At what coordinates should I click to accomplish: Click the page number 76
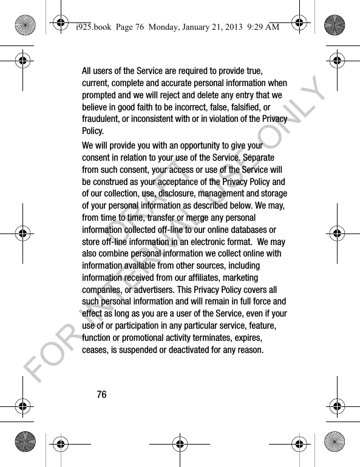[x=101, y=395]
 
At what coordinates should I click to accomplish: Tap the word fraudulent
[x=103, y=119]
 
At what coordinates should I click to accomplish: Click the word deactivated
[x=219, y=350]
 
